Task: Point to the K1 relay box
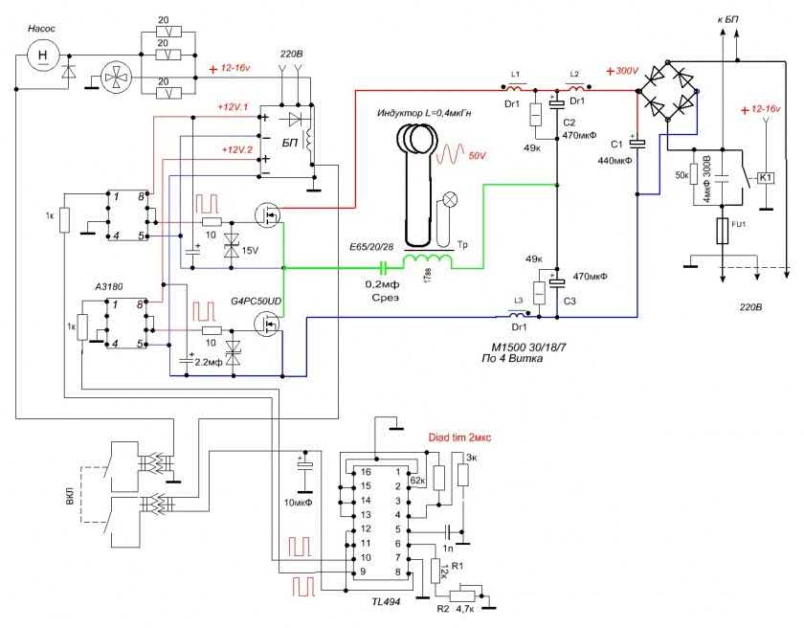tap(765, 178)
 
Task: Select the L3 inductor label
tap(518, 303)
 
